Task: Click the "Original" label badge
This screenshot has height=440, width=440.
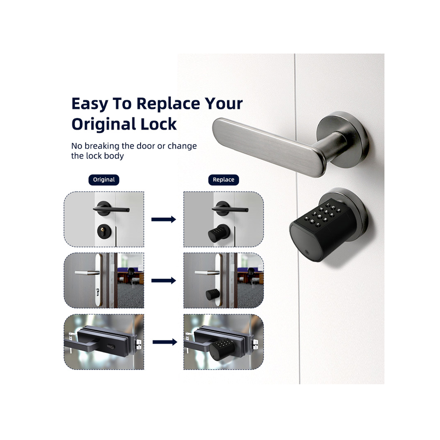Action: click(104, 180)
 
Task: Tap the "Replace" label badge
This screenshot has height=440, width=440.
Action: click(224, 180)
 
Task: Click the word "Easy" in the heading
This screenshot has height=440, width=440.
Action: click(90, 104)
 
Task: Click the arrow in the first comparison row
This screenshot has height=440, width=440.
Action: click(163, 219)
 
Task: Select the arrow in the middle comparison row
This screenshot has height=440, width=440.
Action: click(163, 281)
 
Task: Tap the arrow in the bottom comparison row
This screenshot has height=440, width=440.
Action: click(165, 342)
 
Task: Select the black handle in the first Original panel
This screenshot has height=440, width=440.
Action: click(111, 209)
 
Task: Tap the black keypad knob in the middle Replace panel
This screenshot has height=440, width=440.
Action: click(213, 295)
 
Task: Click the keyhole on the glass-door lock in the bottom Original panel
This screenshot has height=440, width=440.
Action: click(112, 347)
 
